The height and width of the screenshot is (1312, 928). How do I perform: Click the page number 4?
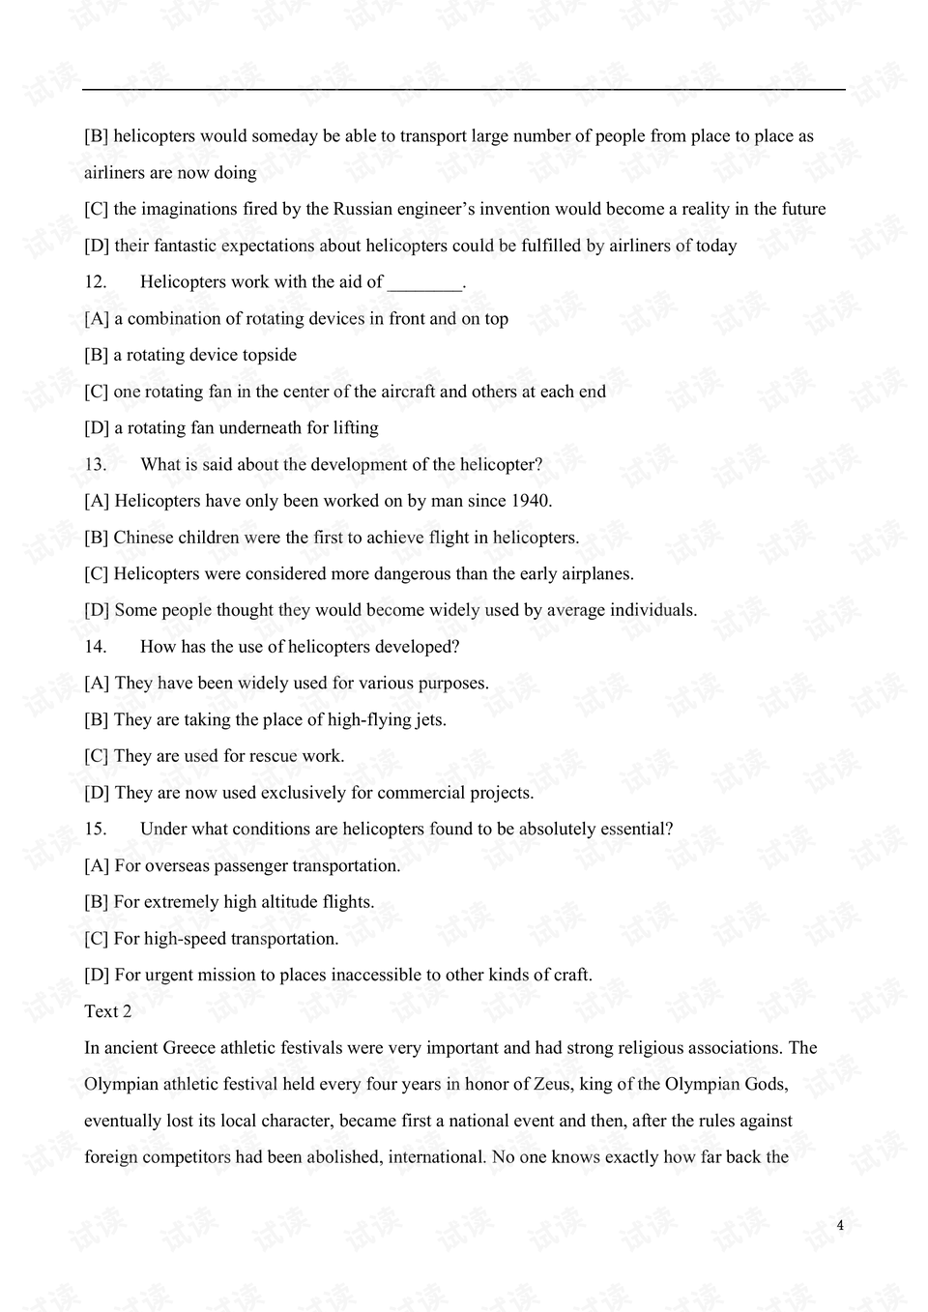pos(840,1226)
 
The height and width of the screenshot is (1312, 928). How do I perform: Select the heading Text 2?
pos(107,1011)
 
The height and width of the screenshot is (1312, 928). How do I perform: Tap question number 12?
pos(95,282)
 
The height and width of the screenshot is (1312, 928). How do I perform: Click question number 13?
pos(95,465)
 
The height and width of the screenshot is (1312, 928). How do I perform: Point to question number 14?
pos(95,647)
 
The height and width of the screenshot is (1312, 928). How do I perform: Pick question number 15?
pos(95,830)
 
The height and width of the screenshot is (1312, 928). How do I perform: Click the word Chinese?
pos(145,538)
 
